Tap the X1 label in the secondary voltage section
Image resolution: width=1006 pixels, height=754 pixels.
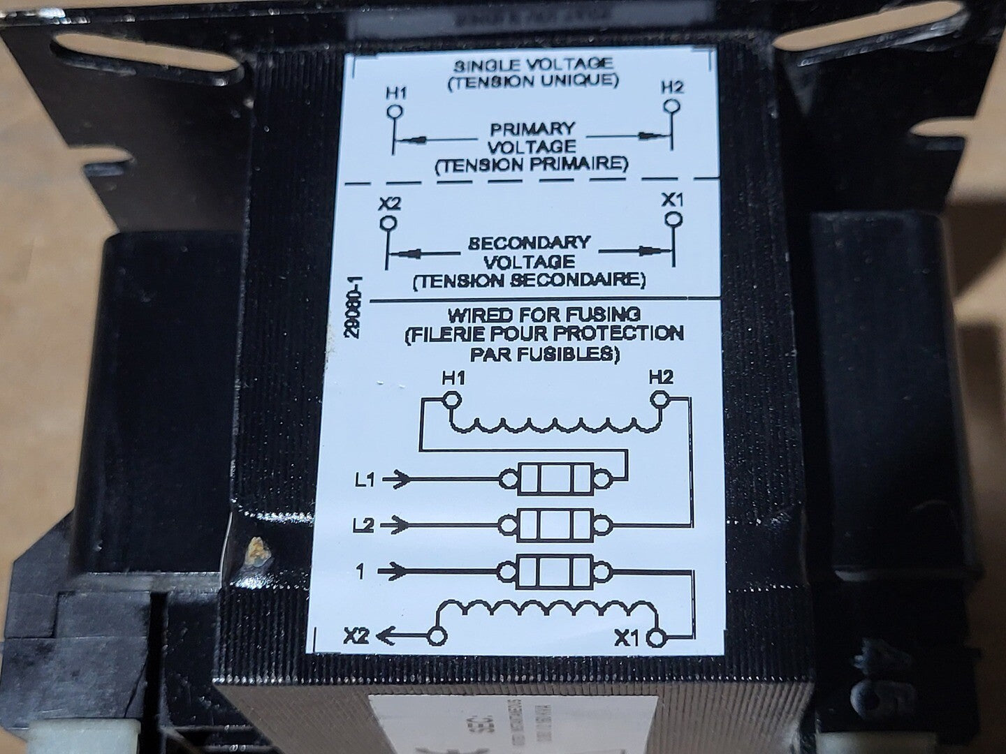(672, 200)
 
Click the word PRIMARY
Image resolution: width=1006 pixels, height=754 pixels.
(532, 129)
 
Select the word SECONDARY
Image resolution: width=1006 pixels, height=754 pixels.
(530, 244)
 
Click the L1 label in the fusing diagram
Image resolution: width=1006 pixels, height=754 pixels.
(365, 480)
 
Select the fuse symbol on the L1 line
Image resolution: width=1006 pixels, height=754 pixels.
(556, 479)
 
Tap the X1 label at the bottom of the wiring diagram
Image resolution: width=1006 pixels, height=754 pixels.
(627, 637)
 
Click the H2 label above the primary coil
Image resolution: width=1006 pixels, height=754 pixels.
(660, 378)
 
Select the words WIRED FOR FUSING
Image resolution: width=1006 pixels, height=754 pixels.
(545, 313)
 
